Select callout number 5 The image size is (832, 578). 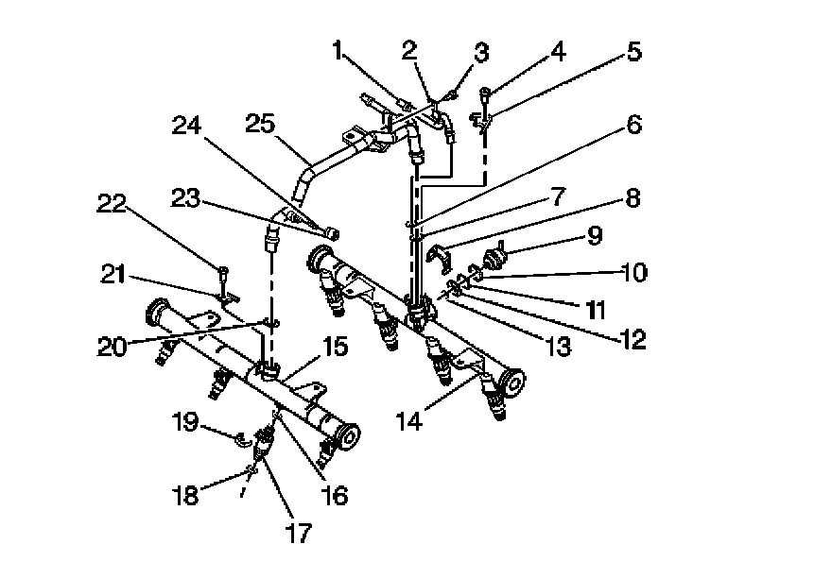tap(633, 51)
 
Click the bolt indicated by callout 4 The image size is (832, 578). tap(486, 93)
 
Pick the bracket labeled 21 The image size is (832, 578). tap(227, 299)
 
